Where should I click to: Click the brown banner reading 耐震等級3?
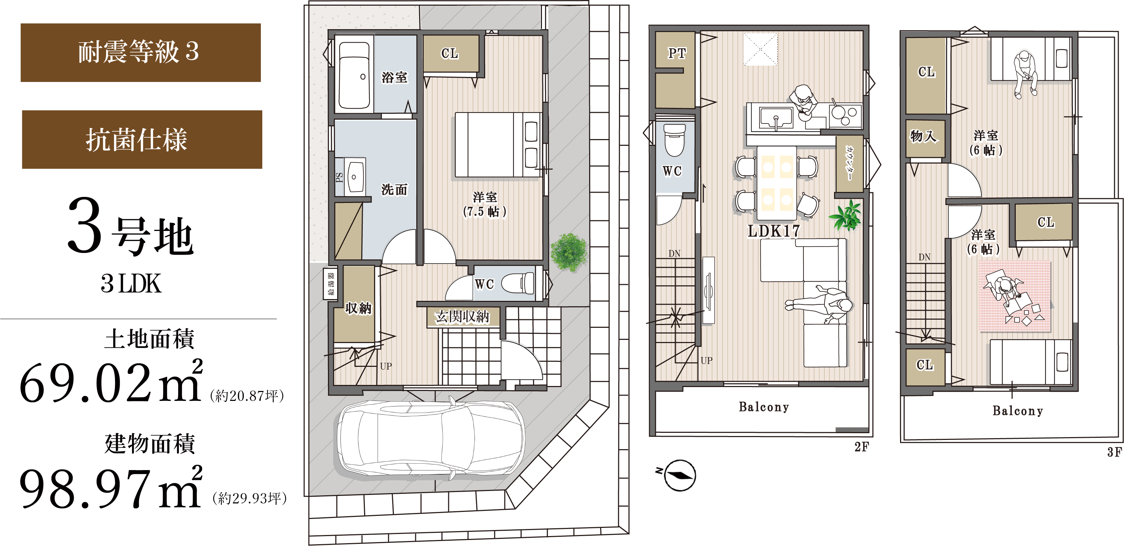pyautogui.click(x=141, y=53)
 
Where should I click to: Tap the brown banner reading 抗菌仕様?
pyautogui.click(x=142, y=139)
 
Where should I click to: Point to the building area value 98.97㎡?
pyautogui.click(x=111, y=486)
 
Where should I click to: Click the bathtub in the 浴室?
pyautogui.click(x=354, y=75)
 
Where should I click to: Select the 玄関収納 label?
pyautogui.click(x=462, y=316)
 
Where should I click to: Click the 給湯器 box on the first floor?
pyautogui.click(x=330, y=283)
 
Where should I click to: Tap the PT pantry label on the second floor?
pyautogui.click(x=677, y=53)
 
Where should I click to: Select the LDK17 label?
pyautogui.click(x=774, y=231)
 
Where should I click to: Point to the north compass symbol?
pyautogui.click(x=680, y=475)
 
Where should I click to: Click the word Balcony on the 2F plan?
pyautogui.click(x=764, y=407)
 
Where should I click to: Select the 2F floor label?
pyautogui.click(x=862, y=447)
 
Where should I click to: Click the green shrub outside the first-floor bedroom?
pyautogui.click(x=569, y=252)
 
